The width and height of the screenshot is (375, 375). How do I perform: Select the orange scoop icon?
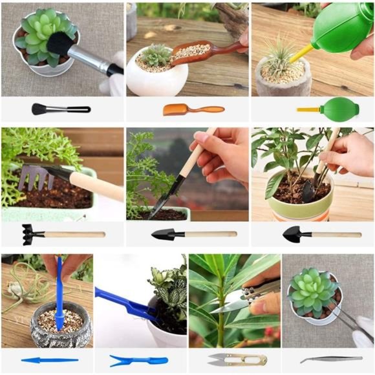click(192, 109)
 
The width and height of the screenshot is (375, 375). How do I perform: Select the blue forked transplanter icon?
click(138, 360)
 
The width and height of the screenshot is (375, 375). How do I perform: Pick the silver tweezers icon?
click(330, 359)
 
